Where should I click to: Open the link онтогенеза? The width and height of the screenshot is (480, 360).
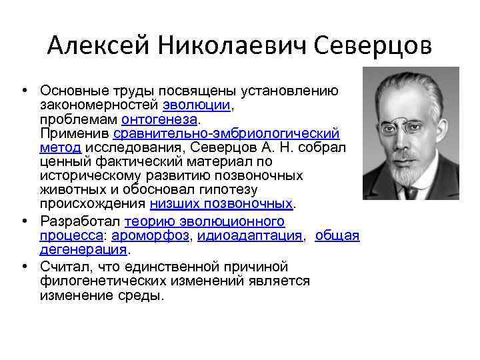coord(160,119)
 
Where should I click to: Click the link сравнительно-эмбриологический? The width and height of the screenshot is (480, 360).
coord(227,133)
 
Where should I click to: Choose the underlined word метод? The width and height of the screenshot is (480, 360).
coord(60,147)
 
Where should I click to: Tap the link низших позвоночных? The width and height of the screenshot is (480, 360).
coord(221,203)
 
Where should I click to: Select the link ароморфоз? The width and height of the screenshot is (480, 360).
coord(151,235)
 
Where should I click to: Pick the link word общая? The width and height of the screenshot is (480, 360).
coord(337,235)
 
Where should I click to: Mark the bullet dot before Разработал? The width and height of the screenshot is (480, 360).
coord(24,221)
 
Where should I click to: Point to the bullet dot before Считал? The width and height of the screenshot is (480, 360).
coord(24,267)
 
